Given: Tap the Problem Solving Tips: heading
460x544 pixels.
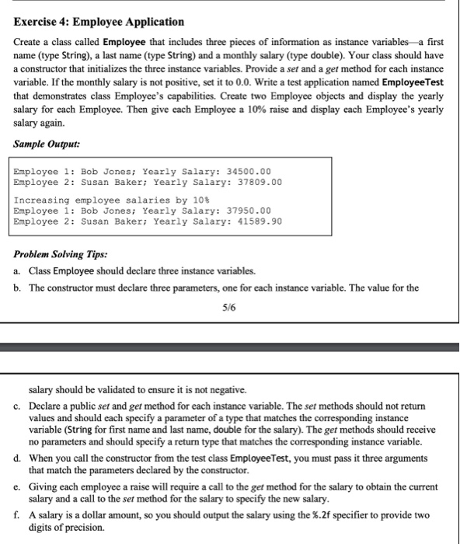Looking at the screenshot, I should click(60, 254).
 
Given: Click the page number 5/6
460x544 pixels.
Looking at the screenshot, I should click(228, 308).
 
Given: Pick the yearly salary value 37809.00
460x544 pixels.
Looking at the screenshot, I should click(253, 182).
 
